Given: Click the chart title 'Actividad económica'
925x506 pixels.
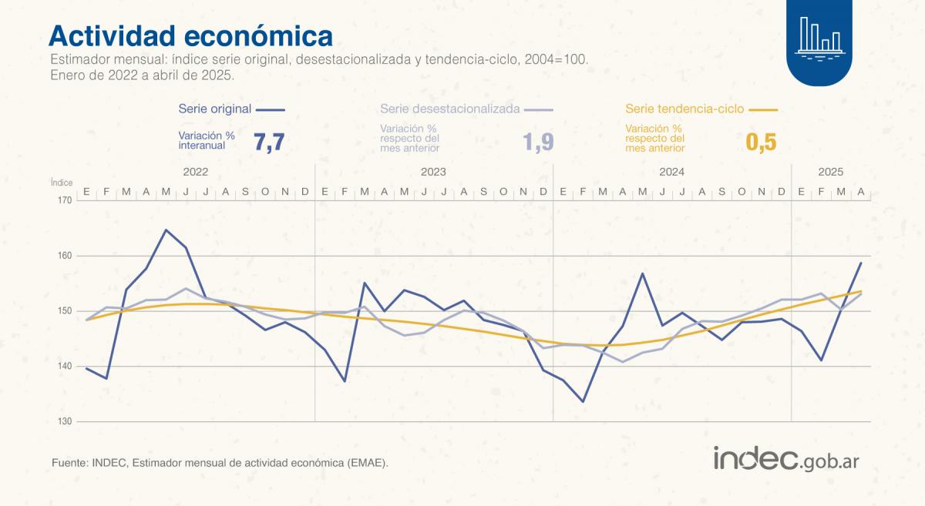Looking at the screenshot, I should [x=191, y=35].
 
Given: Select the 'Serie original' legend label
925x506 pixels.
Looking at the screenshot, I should [x=214, y=109].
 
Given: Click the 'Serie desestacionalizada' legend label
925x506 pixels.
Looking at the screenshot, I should [x=449, y=109].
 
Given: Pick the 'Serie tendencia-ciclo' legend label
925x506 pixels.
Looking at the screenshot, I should [x=684, y=109].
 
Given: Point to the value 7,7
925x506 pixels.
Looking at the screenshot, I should [x=268, y=142].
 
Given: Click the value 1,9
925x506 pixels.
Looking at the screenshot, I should [x=538, y=142].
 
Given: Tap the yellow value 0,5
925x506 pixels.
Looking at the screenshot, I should [x=761, y=142].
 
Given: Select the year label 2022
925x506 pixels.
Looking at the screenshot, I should [x=196, y=173].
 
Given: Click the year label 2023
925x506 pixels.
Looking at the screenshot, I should [x=434, y=173].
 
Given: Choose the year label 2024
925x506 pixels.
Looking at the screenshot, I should [x=672, y=173].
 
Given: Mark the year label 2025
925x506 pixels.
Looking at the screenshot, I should [x=831, y=173].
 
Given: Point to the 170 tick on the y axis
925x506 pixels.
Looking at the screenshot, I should [x=63, y=200].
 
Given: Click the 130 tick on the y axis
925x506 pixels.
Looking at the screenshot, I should [x=63, y=422].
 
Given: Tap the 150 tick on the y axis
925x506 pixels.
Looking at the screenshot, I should [x=63, y=311].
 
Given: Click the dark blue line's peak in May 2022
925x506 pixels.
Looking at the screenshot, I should [x=166, y=230].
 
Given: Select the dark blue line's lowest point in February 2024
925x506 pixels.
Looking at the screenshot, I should [x=583, y=401].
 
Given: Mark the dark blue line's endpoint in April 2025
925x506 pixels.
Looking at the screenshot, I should [x=861, y=263].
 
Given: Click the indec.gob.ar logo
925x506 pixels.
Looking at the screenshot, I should [x=786, y=459].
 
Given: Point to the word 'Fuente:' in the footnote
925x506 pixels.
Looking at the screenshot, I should [x=69, y=463].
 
